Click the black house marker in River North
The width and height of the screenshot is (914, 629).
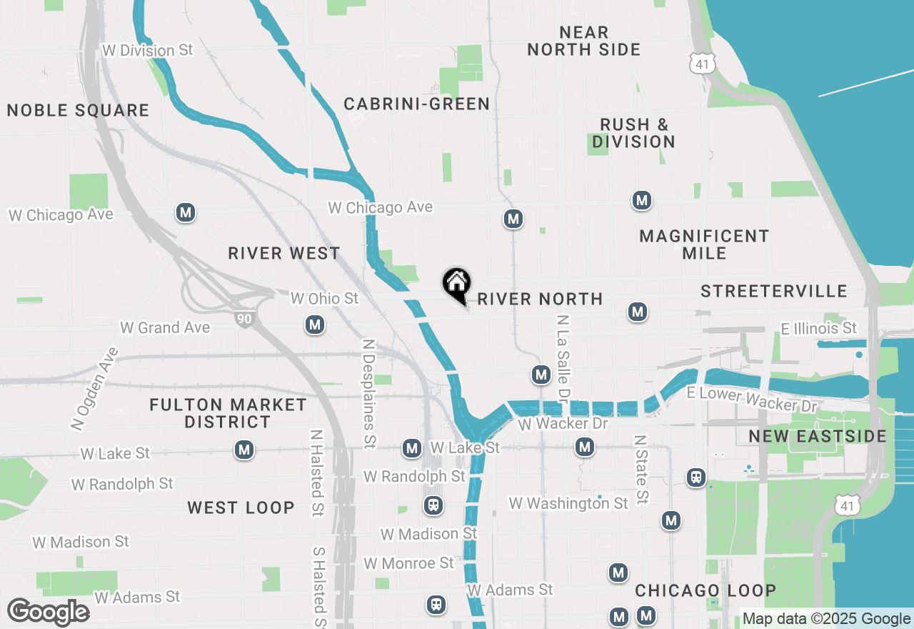click(456, 284)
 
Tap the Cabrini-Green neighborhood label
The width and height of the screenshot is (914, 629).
click(417, 104)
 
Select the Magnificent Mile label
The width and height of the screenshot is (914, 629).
click(704, 244)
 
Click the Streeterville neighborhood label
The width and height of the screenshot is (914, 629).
click(774, 291)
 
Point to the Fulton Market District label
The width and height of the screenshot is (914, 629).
click(228, 414)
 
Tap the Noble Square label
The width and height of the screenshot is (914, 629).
click(78, 111)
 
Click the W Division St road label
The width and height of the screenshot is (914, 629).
click(148, 51)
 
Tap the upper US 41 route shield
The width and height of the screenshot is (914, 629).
click(702, 63)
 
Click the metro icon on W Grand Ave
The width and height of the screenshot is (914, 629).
click(315, 325)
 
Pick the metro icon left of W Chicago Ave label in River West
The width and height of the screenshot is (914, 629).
click(186, 212)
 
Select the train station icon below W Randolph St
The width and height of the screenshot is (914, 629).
click(433, 506)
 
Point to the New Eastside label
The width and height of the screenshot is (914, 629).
click(818, 437)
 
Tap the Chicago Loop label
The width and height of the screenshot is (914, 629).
click(705, 591)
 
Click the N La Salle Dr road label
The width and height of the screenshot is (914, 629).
click(563, 357)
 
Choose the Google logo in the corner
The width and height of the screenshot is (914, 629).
click(48, 612)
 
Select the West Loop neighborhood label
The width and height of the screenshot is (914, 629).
click(241, 508)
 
